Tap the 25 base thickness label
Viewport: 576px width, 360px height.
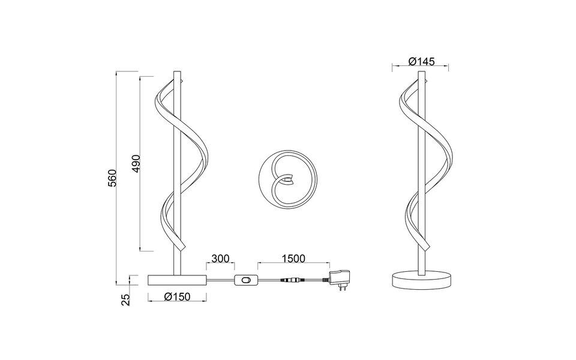(125, 299)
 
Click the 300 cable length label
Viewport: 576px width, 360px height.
(220, 259)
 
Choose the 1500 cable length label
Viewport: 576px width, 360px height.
(293, 259)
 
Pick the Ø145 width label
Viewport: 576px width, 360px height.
(421, 61)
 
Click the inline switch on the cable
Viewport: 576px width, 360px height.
(245, 280)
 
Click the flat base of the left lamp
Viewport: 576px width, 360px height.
(177, 280)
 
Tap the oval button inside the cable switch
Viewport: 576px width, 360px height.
(245, 280)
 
